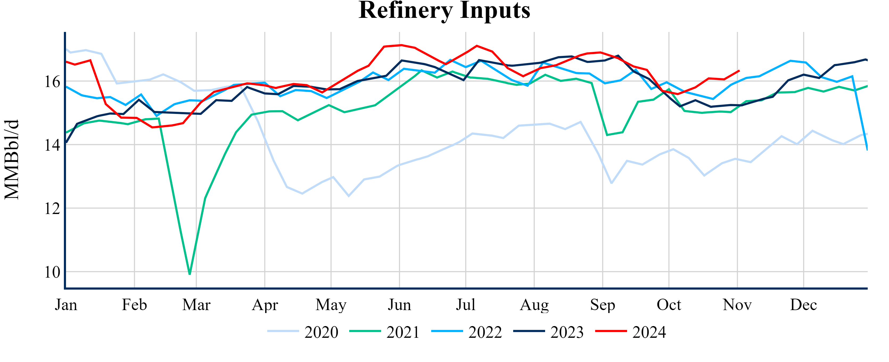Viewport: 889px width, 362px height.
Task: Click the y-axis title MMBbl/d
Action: (12, 160)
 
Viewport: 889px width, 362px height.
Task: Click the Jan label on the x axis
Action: (66, 305)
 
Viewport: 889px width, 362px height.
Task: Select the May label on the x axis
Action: (331, 305)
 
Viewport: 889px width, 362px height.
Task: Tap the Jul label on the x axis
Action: (466, 305)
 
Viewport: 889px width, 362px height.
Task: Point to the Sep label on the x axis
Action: (603, 305)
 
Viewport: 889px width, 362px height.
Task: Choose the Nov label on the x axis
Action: (737, 305)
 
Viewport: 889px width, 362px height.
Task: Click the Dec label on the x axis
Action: (803, 305)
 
